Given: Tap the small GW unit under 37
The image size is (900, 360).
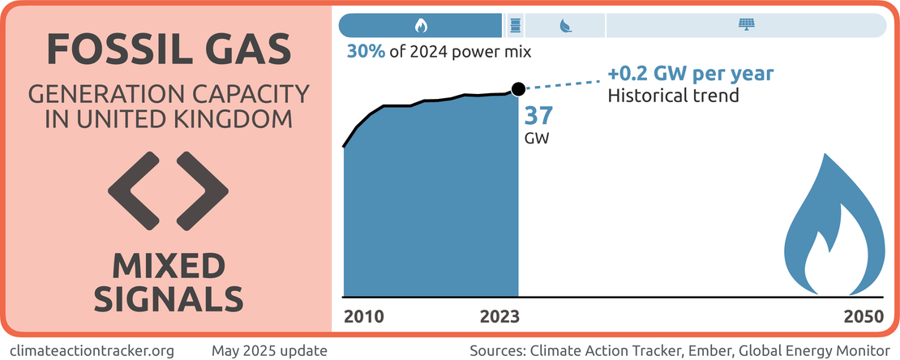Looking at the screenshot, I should point(537,138).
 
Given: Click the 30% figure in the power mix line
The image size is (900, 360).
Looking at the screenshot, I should point(366,51).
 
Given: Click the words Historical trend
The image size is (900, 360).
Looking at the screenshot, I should point(673,96).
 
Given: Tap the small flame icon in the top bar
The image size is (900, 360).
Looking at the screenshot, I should point(420,25).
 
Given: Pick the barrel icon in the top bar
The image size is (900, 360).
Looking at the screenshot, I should point(514,25).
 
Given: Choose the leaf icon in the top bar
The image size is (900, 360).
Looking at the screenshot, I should point(564,25).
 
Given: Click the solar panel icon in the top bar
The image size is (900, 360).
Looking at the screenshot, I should point(744,25).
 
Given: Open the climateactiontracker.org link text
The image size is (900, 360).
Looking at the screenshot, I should point(92,350).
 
